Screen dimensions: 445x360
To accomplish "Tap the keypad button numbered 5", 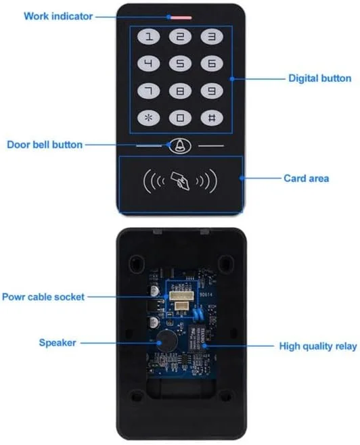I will (180, 64).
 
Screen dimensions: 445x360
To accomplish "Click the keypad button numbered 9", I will (212, 91).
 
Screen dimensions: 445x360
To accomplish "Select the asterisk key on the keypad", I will (149, 117).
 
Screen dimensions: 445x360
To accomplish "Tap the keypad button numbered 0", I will (180, 117).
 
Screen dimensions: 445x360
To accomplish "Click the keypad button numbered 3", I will (212, 39).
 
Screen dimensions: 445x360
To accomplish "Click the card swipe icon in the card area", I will (180, 180).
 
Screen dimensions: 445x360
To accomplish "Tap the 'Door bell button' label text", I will (45, 144).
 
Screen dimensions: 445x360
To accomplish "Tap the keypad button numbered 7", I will (149, 91).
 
